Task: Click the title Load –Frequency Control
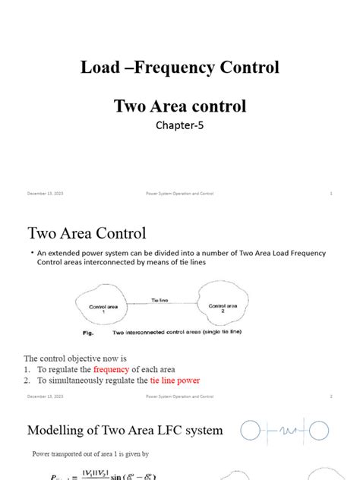point(180,68)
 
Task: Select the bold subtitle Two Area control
point(180,106)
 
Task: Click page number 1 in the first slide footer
point(332,194)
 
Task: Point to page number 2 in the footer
point(332,396)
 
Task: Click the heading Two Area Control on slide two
point(87,232)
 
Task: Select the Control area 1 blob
point(102,308)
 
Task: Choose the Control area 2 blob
point(221,306)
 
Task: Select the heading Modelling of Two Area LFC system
point(125,431)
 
